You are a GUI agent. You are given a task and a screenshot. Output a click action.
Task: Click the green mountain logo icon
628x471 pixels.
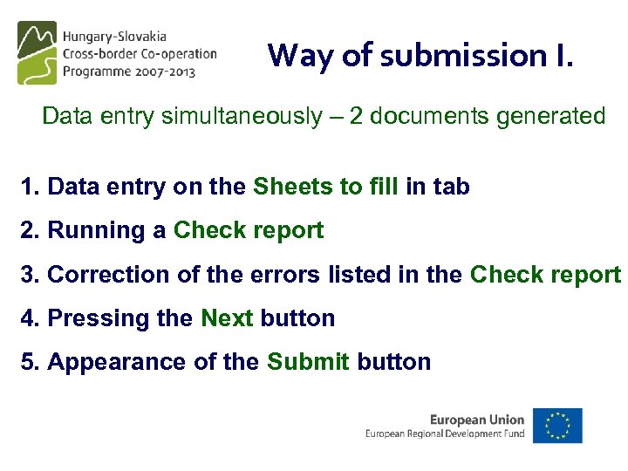[37, 52]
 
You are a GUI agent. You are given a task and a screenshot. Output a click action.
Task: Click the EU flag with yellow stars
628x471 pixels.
[558, 425]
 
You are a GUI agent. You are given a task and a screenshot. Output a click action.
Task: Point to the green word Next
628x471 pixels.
[227, 318]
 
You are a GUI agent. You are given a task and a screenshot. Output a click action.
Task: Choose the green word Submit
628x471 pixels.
[308, 362]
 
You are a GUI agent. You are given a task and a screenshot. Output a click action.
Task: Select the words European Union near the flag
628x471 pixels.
[477, 420]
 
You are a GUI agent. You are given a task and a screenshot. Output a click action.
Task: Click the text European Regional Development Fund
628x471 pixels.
[445, 433]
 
